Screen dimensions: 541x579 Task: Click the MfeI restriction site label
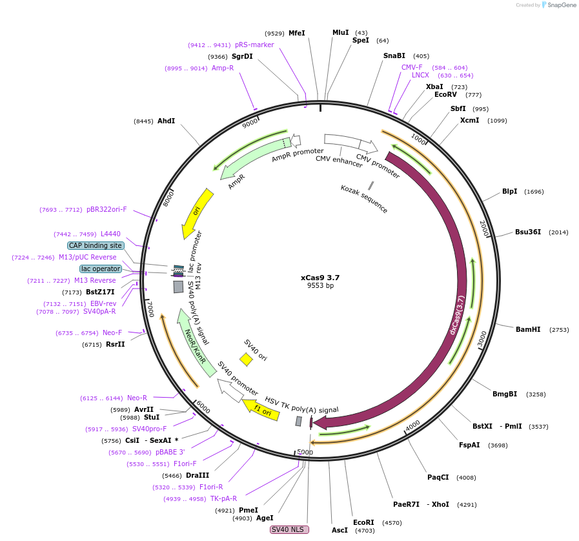[x=296, y=33]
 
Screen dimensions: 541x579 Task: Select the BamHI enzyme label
[x=528, y=330]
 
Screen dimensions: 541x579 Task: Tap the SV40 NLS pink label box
[x=289, y=530]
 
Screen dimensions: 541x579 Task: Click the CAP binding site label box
[x=96, y=246]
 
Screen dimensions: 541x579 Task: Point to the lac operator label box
[x=101, y=269]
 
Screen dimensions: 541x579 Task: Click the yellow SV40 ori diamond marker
[x=246, y=359]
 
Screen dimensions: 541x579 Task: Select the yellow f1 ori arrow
[x=261, y=409]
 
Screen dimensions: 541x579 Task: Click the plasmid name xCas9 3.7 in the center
[x=320, y=278]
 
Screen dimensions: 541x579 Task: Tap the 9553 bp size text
[x=320, y=286]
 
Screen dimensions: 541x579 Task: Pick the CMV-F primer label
[x=412, y=67]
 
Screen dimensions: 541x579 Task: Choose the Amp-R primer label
[x=223, y=68]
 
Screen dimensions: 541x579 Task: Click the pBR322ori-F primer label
[x=107, y=209]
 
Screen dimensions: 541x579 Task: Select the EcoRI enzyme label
[x=363, y=522]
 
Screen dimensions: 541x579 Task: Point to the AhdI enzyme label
[x=166, y=121]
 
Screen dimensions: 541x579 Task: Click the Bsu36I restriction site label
[x=527, y=232]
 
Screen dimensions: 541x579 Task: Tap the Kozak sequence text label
[x=364, y=199]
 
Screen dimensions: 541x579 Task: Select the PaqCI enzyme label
[x=438, y=478]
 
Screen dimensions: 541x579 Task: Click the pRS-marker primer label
[x=254, y=45]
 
